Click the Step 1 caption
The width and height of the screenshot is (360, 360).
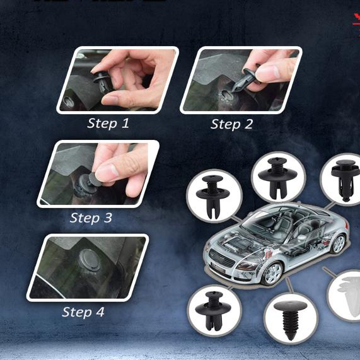[108, 123]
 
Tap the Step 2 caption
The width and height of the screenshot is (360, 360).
[231, 124]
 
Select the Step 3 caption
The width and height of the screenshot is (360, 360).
[91, 218]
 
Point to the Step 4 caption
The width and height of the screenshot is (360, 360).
[83, 312]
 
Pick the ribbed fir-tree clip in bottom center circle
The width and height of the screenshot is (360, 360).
[291, 318]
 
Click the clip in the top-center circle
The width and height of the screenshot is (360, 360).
[274, 174]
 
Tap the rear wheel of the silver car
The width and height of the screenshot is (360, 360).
[339, 243]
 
